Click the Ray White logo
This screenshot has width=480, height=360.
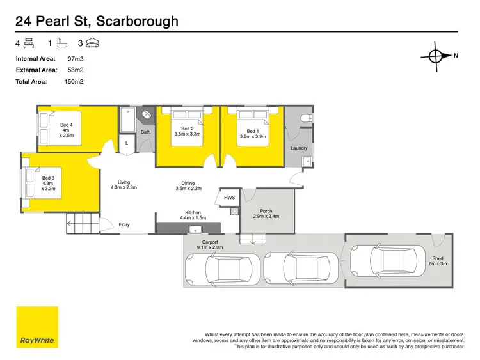[37, 327]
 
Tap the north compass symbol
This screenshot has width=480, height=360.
[435, 56]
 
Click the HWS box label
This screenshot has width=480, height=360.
[229, 198]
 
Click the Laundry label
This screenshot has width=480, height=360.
[299, 148]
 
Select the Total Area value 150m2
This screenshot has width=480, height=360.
[74, 81]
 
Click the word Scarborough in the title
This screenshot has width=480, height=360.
[138, 22]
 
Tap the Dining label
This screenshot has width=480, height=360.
[188, 185]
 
